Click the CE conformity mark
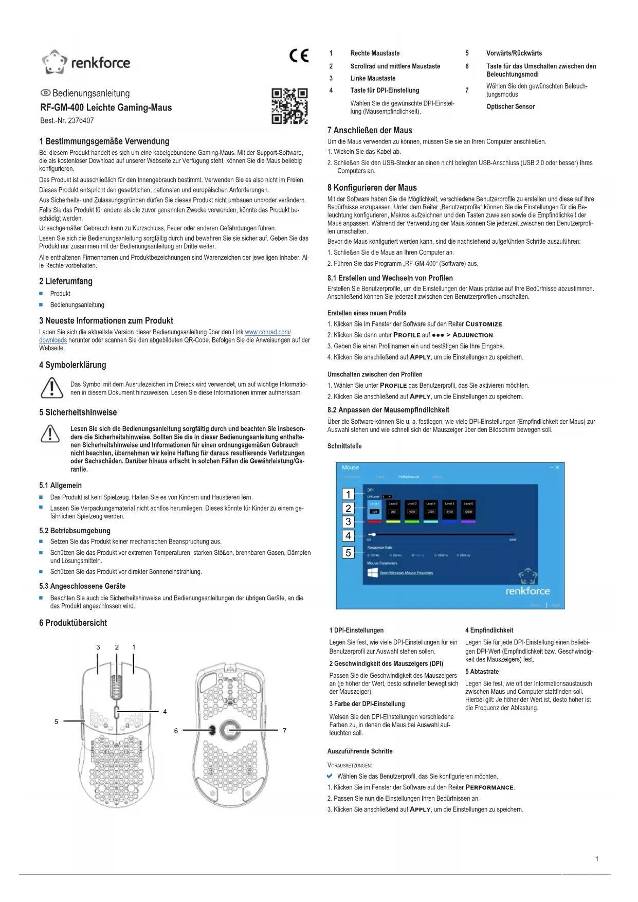pos(299,56)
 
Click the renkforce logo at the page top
pos(86,62)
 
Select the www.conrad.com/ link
pos(268,332)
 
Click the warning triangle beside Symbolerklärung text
pos(52,388)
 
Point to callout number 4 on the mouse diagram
pos(165,712)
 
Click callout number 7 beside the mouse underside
pos(284,730)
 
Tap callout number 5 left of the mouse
pos(57,721)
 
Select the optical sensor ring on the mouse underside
pos(230,730)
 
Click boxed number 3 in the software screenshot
pos(348,521)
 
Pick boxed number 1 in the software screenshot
pos(348,494)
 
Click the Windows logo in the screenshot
pos(373,573)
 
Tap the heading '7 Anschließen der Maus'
pos(370,131)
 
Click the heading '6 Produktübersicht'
pos(73,623)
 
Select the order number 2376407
pos(81,121)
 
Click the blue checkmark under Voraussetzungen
pos(330,776)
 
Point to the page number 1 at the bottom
pos(597,859)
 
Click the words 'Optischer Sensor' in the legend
pos(510,107)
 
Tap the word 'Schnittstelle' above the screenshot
pos(344,446)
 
